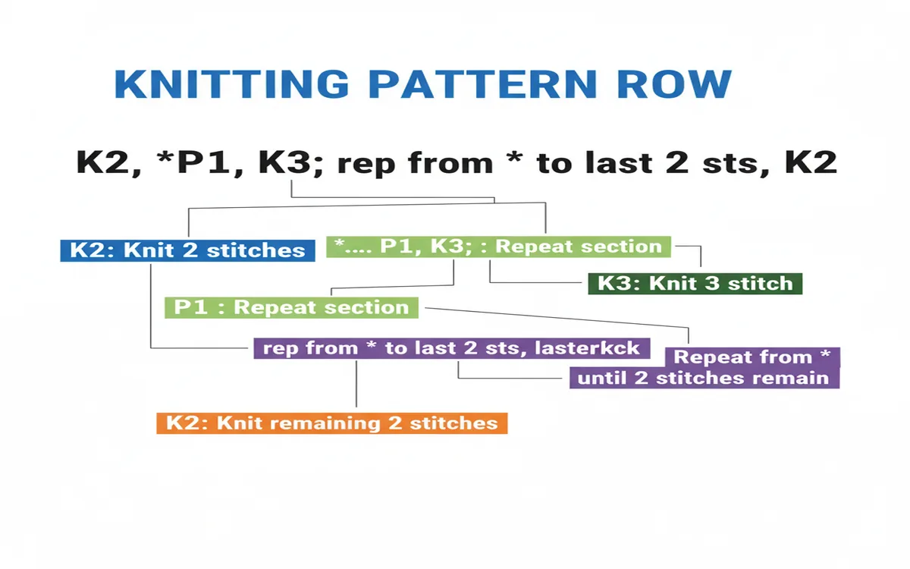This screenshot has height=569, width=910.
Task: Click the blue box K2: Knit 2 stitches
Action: pyautogui.click(x=187, y=250)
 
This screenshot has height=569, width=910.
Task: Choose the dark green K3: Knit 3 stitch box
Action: pyautogui.click(x=695, y=284)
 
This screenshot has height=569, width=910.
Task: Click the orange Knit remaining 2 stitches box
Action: pyautogui.click(x=331, y=423)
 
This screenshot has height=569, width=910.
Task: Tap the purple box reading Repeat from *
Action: pyautogui.click(x=752, y=357)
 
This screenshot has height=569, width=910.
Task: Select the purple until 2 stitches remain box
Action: pyautogui.click(x=704, y=378)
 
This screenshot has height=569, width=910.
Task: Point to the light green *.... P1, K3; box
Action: pyautogui.click(x=499, y=247)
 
